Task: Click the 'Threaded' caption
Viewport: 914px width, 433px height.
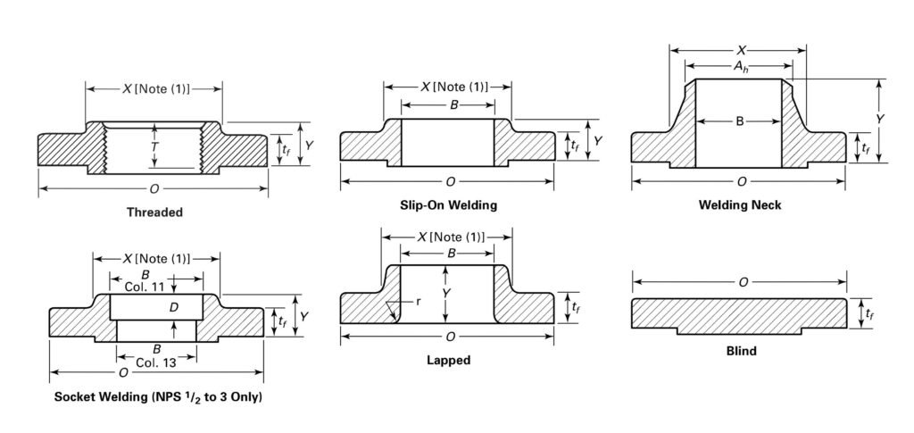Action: [x=154, y=212]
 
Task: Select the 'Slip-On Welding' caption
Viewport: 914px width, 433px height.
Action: [x=449, y=205]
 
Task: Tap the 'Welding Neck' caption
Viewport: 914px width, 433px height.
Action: [x=740, y=205]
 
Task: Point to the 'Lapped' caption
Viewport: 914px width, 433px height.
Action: [x=449, y=361]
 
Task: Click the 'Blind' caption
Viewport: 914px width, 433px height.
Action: [x=741, y=351]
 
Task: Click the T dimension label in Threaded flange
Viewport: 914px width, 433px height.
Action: [x=154, y=145]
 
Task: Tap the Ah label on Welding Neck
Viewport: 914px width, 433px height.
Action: [x=740, y=66]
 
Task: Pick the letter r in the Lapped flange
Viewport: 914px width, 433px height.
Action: [x=418, y=302]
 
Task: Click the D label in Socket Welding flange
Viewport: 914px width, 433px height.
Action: [x=175, y=308]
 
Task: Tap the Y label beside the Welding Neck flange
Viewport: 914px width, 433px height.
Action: [x=879, y=119]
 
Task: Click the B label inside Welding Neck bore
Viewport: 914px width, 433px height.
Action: [x=740, y=121]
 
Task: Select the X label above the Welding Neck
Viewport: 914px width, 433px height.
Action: [x=740, y=50]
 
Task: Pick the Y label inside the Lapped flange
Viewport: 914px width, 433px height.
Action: [x=446, y=293]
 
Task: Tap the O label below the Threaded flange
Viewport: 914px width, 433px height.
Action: [x=154, y=188]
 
